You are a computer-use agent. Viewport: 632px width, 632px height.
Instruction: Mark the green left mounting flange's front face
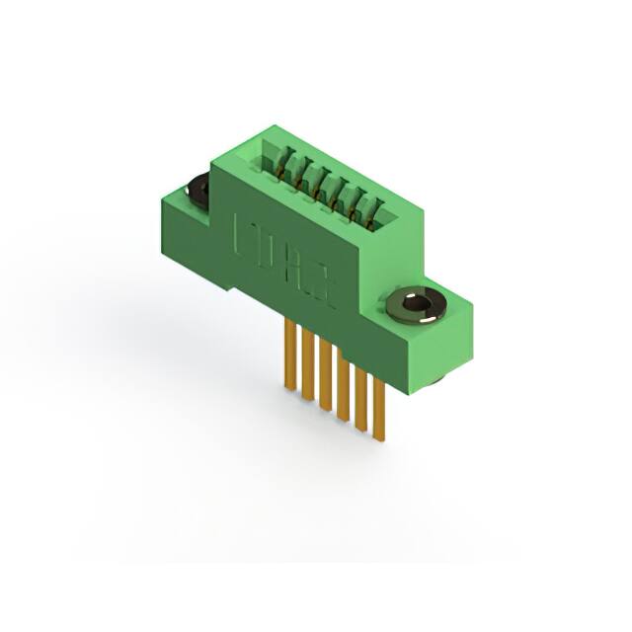pos(183,233)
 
